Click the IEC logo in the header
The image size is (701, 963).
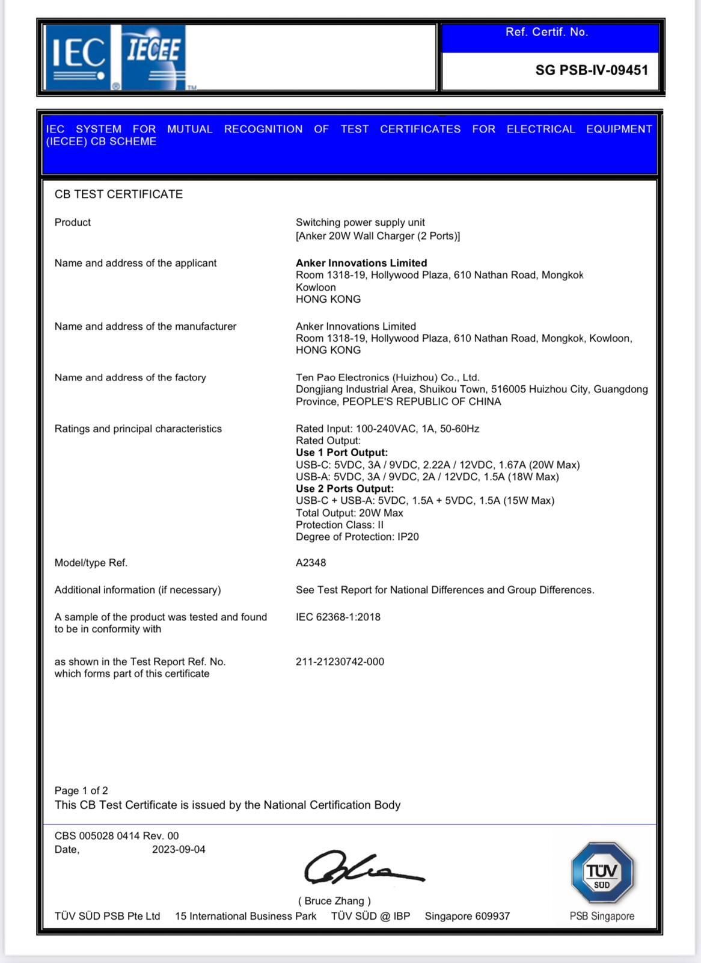(76, 57)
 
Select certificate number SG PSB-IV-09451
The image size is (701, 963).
(592, 70)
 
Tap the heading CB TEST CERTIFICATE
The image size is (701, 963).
(118, 194)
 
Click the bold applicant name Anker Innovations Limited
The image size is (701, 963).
(361, 263)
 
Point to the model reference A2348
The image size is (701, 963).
(311, 563)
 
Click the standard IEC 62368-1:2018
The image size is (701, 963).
(338, 617)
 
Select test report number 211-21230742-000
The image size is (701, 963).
(340, 661)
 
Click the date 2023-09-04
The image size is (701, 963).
(179, 849)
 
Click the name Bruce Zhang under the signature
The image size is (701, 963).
(334, 901)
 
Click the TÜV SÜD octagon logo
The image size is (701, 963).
(602, 873)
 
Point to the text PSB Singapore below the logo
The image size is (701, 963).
(602, 916)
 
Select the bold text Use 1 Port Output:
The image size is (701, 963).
(341, 453)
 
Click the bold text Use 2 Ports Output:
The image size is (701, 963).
(344, 489)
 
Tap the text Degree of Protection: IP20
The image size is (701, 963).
(357, 537)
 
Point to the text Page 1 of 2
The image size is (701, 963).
(81, 790)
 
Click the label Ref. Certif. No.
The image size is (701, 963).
(546, 33)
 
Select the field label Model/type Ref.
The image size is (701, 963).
(91, 563)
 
